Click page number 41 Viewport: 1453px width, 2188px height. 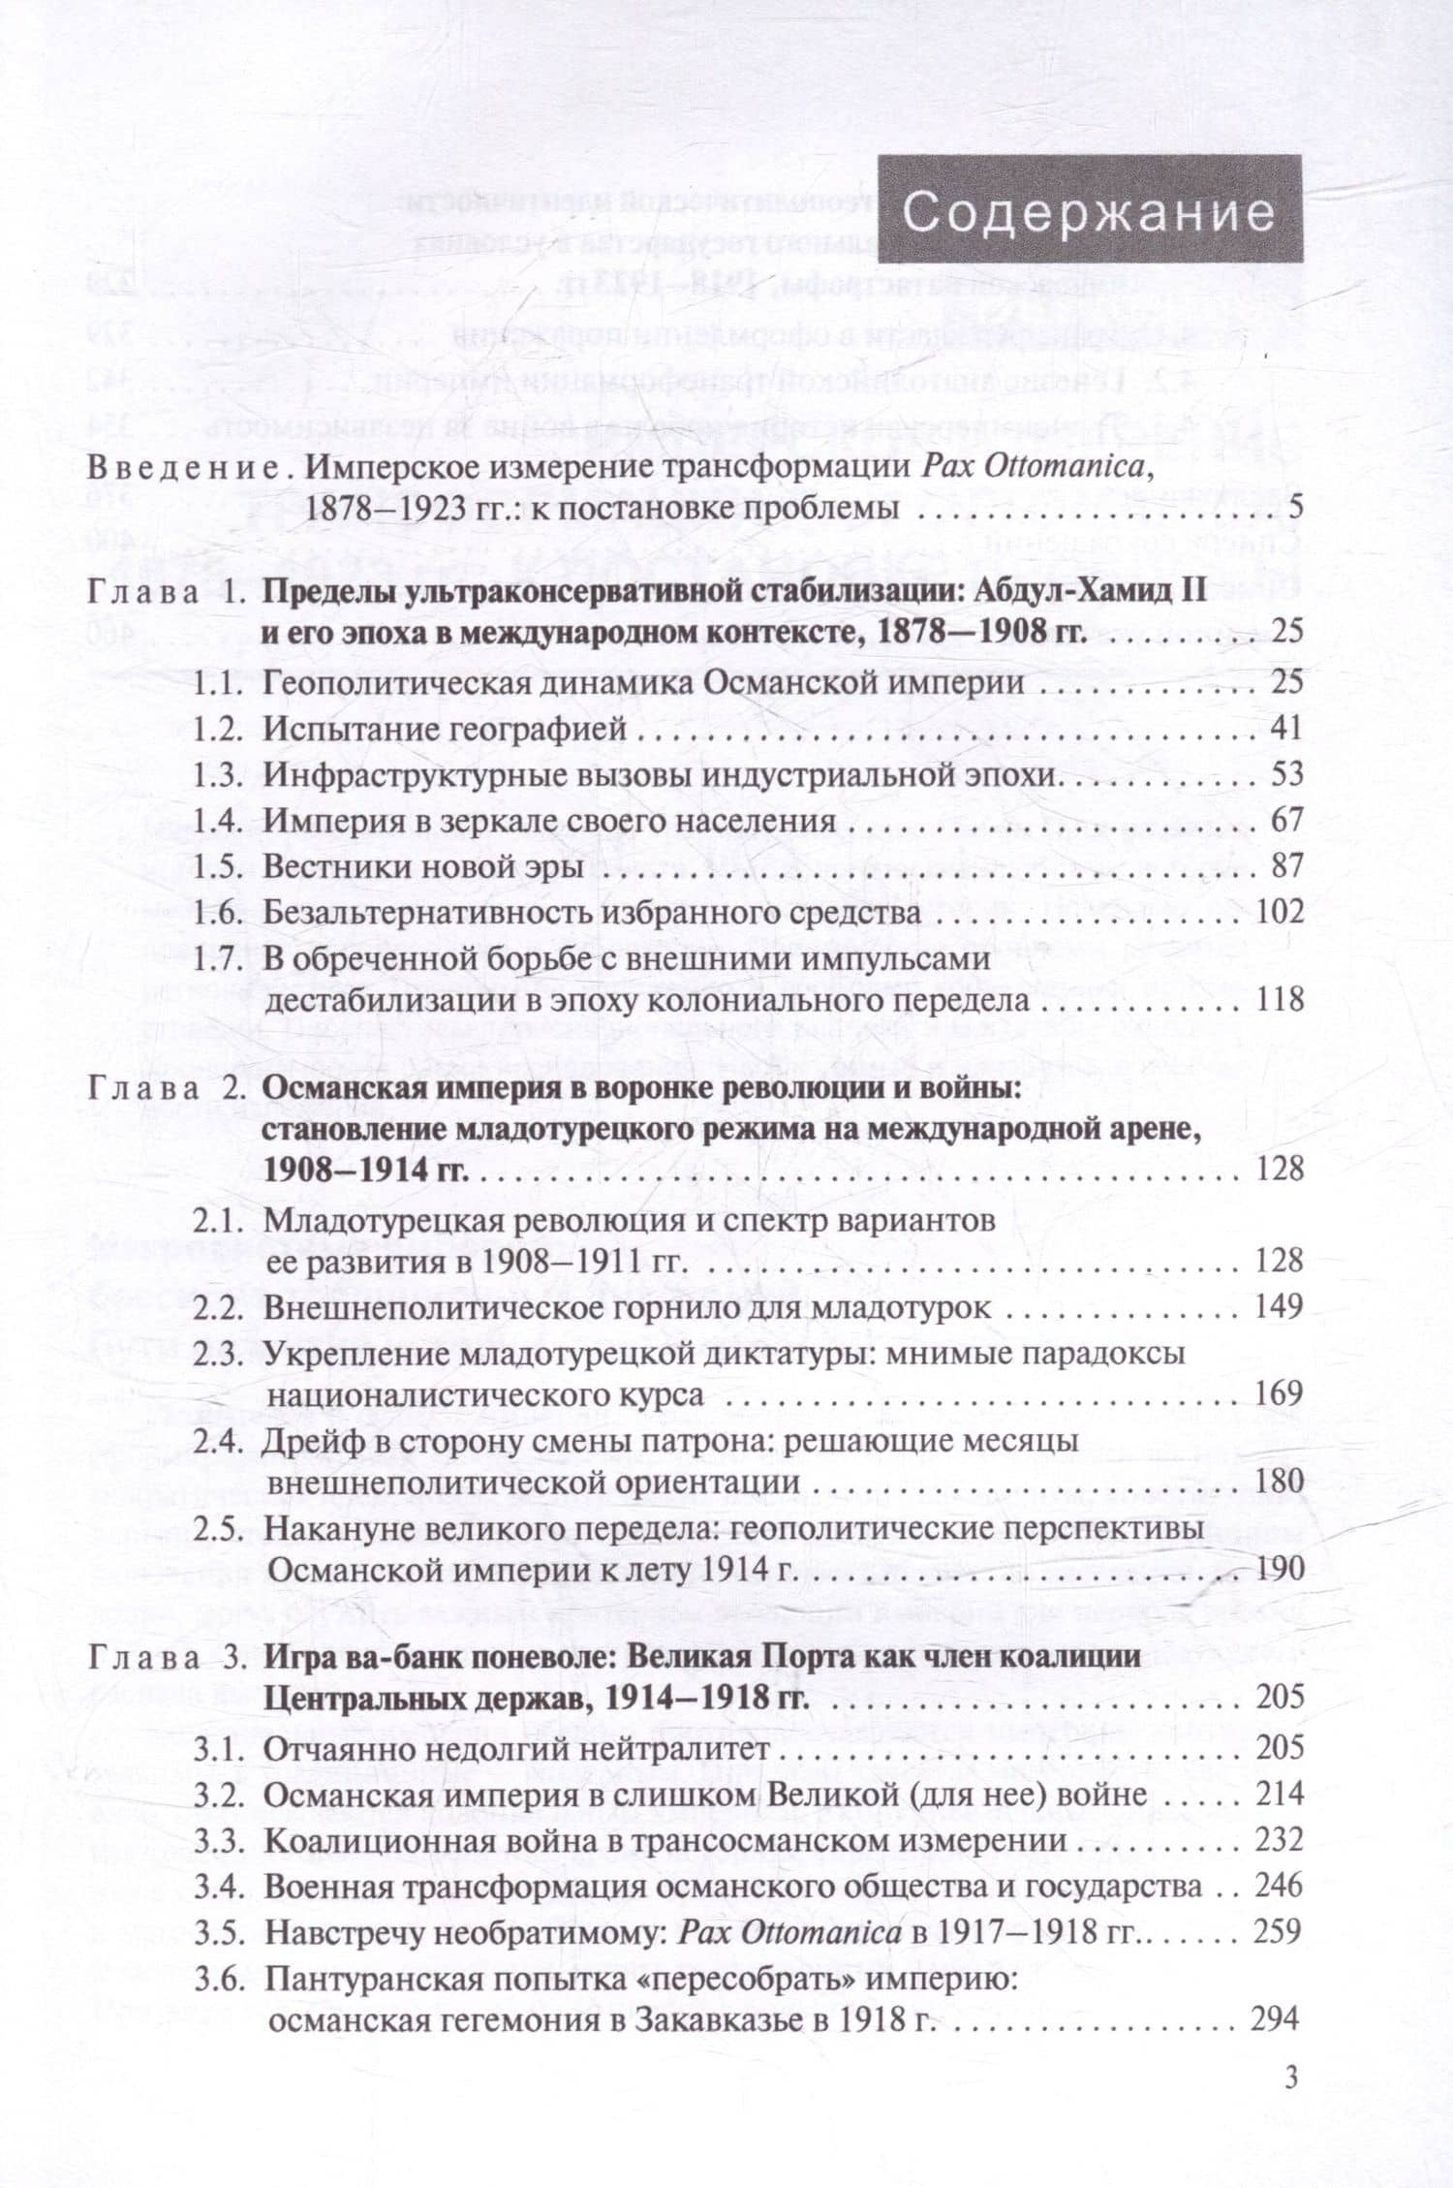1285,729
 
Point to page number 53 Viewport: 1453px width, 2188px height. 1285,775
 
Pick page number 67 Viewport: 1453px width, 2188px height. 1285,821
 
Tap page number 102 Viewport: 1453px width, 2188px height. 1280,913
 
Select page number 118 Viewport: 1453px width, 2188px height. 1280,999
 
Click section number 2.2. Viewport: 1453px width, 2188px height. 217,1307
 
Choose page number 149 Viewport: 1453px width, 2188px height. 1280,1307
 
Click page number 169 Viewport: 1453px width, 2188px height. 1280,1393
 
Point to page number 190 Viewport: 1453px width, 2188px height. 1280,1568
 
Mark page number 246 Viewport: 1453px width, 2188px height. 1280,1887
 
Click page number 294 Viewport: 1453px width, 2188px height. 1275,2019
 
